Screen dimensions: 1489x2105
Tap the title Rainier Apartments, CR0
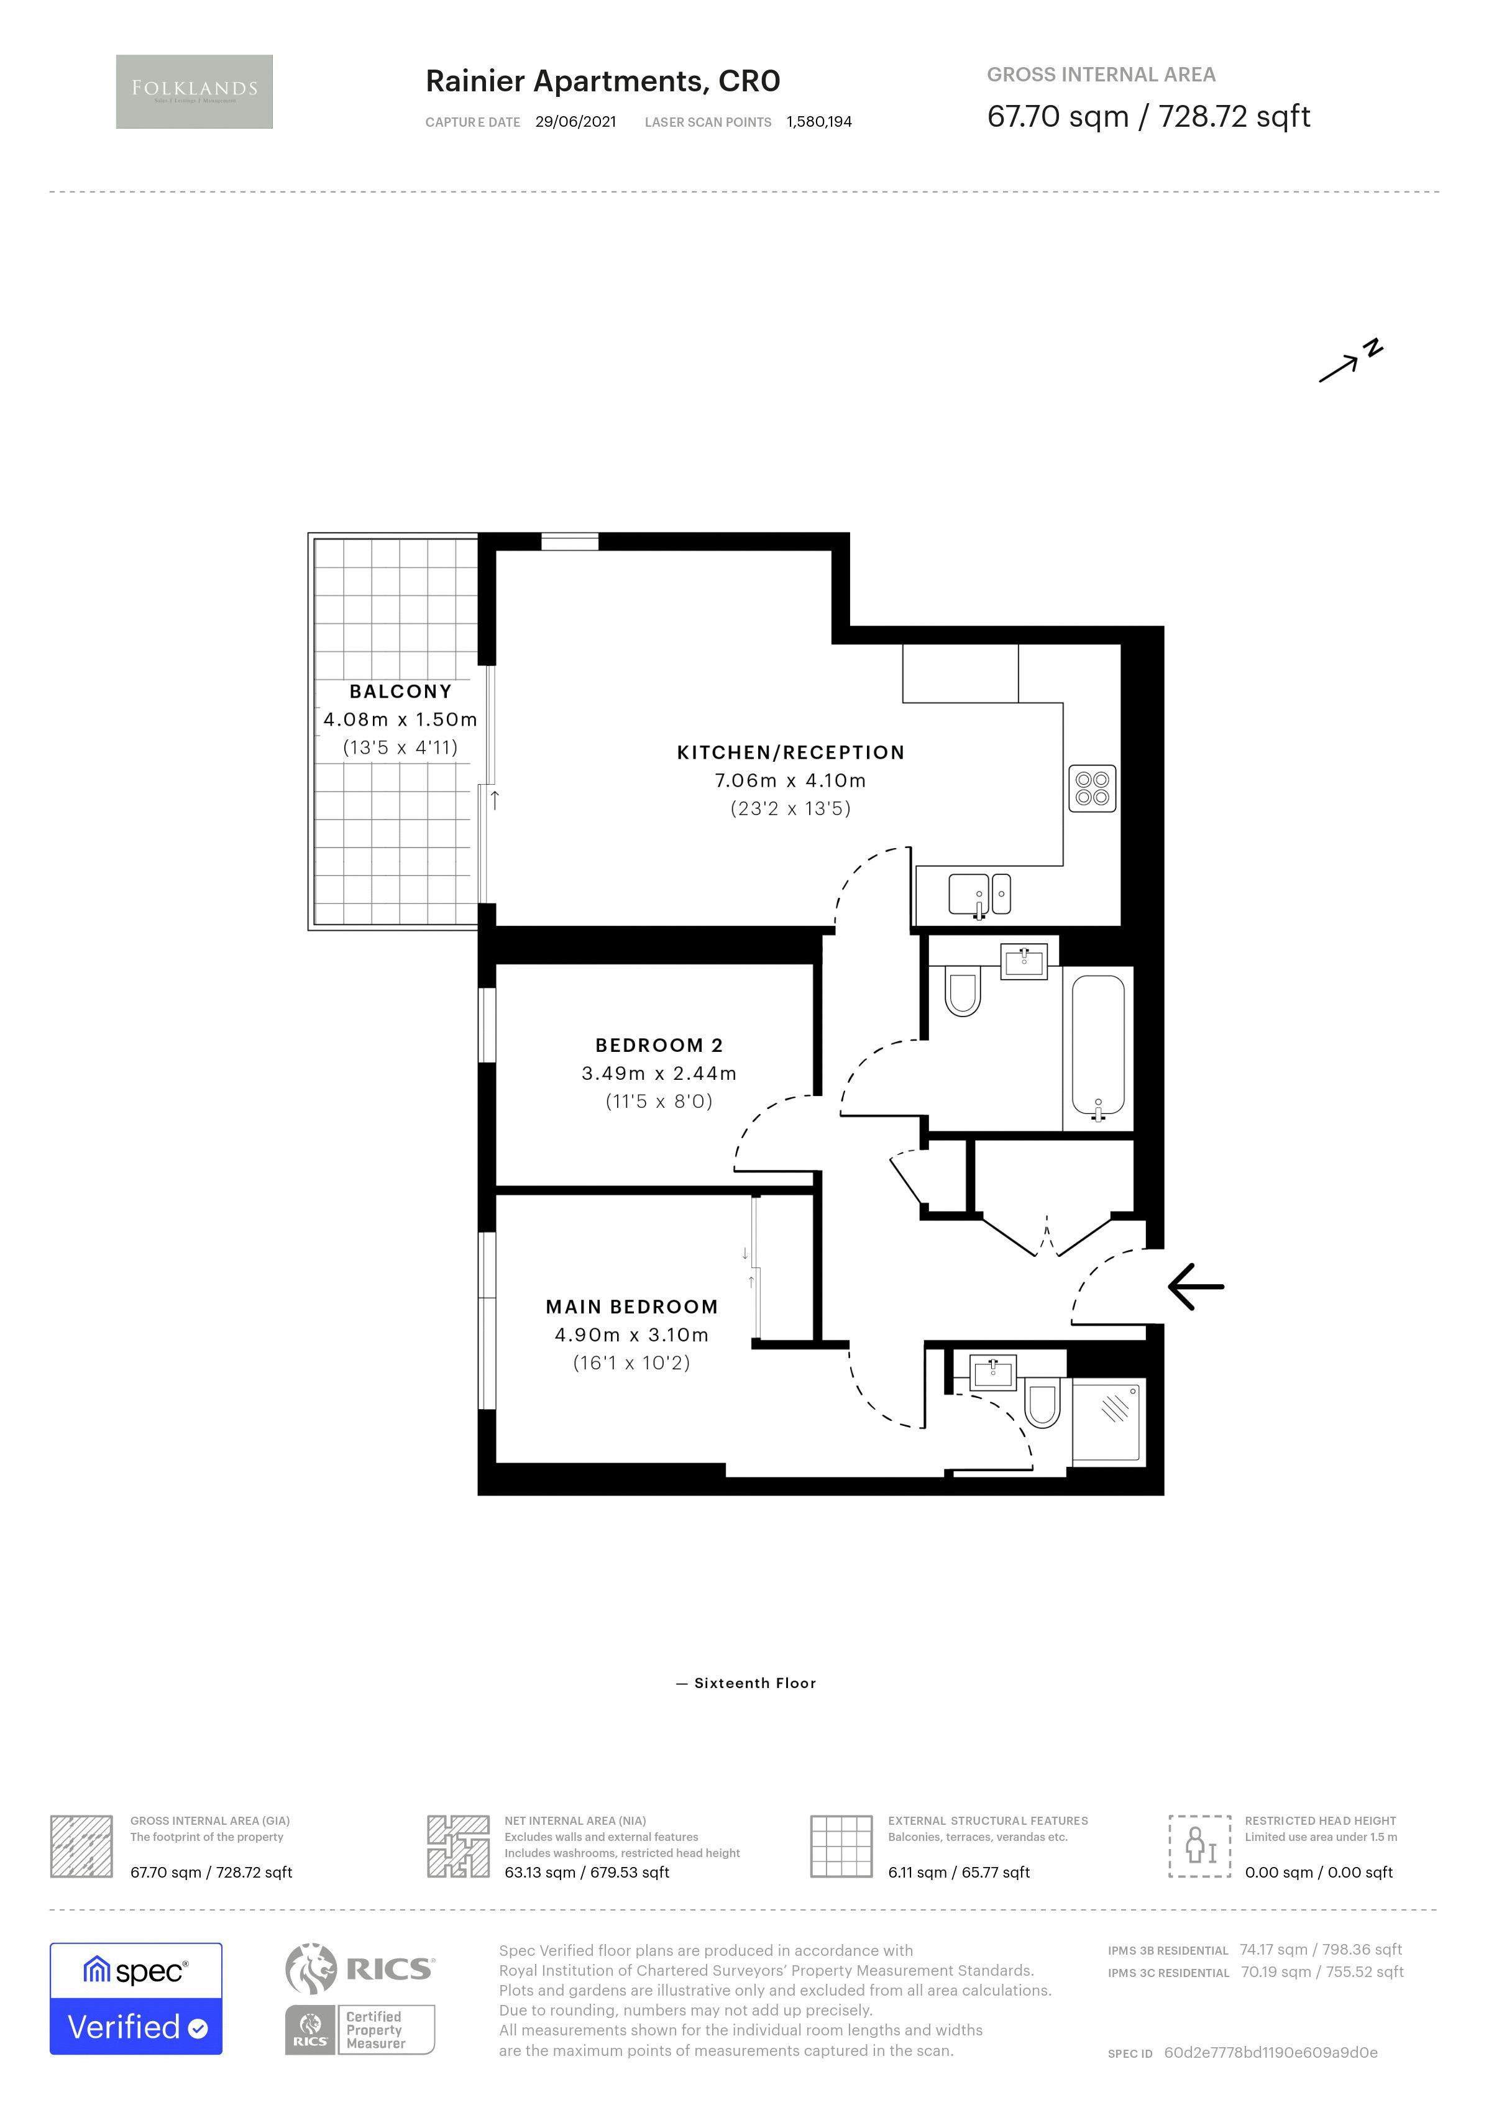[602, 81]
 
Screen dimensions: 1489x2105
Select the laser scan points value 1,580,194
[819, 122]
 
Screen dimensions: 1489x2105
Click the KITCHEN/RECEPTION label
[790, 752]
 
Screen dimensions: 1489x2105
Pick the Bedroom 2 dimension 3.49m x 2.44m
[658, 1072]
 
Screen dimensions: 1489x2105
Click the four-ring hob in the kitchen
[1092, 788]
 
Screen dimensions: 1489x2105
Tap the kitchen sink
[969, 894]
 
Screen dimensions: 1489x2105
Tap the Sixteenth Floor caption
[754, 1683]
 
